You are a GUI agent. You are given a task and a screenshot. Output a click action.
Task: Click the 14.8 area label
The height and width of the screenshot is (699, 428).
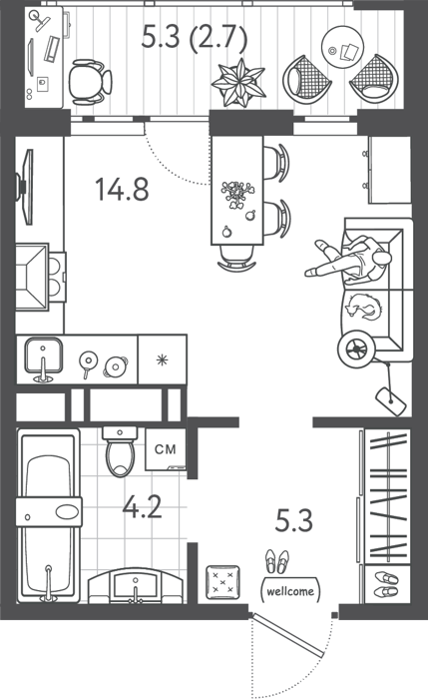[x=122, y=189]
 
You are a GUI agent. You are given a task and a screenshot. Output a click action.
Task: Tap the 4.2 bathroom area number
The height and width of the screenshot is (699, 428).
[x=142, y=506]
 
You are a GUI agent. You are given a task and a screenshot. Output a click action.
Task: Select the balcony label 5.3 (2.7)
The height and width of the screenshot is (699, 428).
[x=195, y=37]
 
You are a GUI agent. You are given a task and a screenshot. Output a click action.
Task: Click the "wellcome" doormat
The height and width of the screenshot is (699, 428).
[x=290, y=591]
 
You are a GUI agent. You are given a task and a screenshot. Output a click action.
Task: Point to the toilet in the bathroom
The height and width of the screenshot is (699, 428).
[x=120, y=451]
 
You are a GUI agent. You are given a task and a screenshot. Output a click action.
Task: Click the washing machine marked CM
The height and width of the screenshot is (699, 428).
[x=166, y=449]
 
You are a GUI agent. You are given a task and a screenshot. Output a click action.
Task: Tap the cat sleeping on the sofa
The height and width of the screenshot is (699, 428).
[x=364, y=307]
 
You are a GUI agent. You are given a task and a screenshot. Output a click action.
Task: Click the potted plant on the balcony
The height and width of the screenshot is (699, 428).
[x=238, y=83]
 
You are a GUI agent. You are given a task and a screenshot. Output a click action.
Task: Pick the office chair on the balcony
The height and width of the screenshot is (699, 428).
[x=90, y=83]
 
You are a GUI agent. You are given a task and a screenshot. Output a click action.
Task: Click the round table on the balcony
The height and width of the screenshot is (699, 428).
[x=342, y=47]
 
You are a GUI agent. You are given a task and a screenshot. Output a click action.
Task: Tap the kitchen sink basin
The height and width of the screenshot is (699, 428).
[x=43, y=355]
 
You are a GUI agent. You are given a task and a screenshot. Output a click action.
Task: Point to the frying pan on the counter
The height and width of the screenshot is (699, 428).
[x=88, y=361]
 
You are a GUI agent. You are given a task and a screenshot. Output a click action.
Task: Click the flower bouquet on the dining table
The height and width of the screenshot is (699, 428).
[x=237, y=194]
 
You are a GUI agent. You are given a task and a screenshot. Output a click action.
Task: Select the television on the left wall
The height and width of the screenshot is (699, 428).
[x=25, y=187]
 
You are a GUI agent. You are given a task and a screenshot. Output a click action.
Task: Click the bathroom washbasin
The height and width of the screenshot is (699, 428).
[x=136, y=586]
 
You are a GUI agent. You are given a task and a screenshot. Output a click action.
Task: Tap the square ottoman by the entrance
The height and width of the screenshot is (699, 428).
[x=222, y=582]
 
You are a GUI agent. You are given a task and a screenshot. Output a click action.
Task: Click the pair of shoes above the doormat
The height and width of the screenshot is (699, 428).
[x=277, y=561]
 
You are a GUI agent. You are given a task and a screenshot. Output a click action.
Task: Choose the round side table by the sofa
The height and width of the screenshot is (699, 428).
[x=356, y=349]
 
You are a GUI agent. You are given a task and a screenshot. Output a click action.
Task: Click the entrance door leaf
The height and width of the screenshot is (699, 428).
[x=287, y=636]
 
